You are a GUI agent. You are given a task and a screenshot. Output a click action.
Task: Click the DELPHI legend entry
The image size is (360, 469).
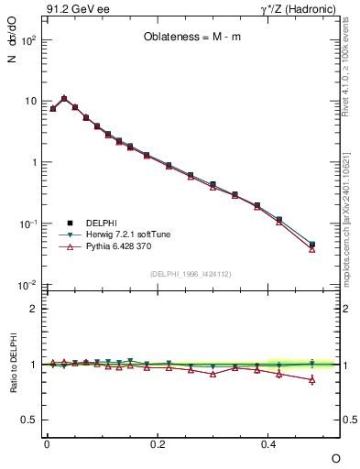pyautogui.click(x=98, y=223)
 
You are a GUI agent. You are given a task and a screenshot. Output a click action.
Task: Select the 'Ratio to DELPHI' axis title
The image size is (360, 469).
pyautogui.click(x=16, y=365)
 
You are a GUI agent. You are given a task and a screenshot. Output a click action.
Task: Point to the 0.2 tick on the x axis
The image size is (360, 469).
pyautogui.click(x=158, y=444)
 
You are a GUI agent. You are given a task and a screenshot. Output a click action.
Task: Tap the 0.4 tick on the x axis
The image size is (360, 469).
pyautogui.click(x=268, y=444)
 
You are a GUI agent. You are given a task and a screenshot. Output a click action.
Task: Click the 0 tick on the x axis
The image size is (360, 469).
pyautogui.click(x=47, y=444)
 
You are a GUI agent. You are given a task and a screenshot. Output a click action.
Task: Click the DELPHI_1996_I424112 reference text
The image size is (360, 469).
pyautogui.click(x=191, y=272)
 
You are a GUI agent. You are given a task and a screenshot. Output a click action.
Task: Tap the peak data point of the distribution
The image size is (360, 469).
pyautogui.click(x=64, y=98)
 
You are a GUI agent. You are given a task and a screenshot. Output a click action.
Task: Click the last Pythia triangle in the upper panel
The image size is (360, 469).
pyautogui.click(x=312, y=249)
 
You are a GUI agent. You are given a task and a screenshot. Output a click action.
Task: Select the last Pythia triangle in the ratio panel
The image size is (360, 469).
pyautogui.click(x=312, y=379)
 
